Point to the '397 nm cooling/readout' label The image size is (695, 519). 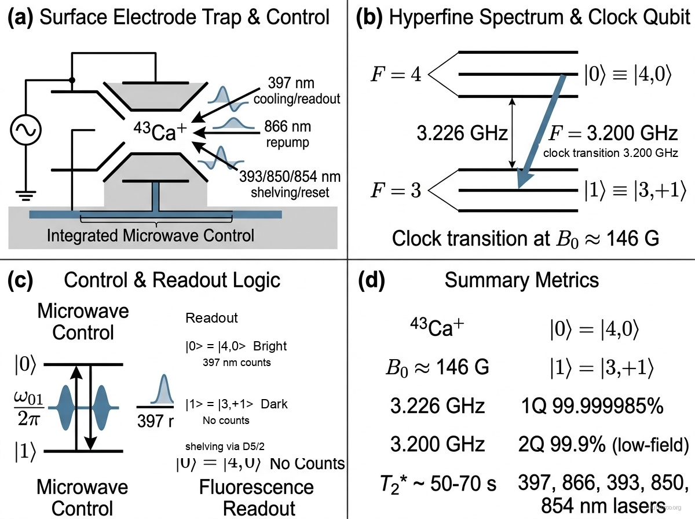[x=296, y=90]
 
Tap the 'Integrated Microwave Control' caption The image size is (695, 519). [x=151, y=236]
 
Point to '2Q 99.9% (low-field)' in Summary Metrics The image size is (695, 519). [x=602, y=444]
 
